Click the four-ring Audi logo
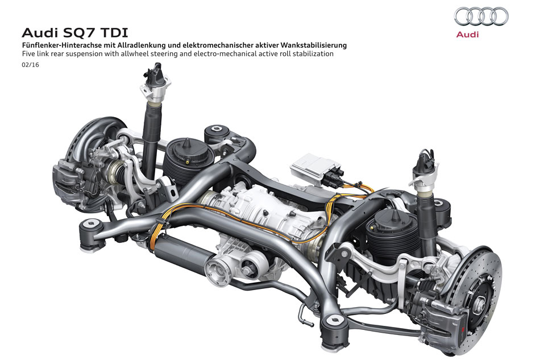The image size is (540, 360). point(481,16)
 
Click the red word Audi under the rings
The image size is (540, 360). point(467,35)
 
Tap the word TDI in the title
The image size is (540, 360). point(114,33)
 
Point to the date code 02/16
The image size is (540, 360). point(30,65)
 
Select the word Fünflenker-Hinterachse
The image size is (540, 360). point(59,45)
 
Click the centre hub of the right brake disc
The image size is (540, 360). point(480,303)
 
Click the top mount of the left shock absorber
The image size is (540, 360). point(156,82)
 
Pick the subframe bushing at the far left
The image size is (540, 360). point(92,235)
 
